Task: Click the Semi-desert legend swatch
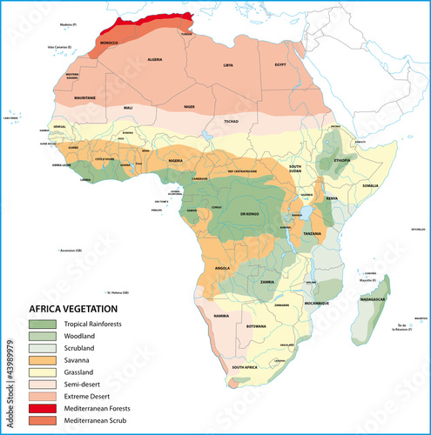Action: [41, 383]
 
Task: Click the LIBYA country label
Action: [228, 65]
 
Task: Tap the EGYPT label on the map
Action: [280, 65]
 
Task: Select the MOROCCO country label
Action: [109, 43]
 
